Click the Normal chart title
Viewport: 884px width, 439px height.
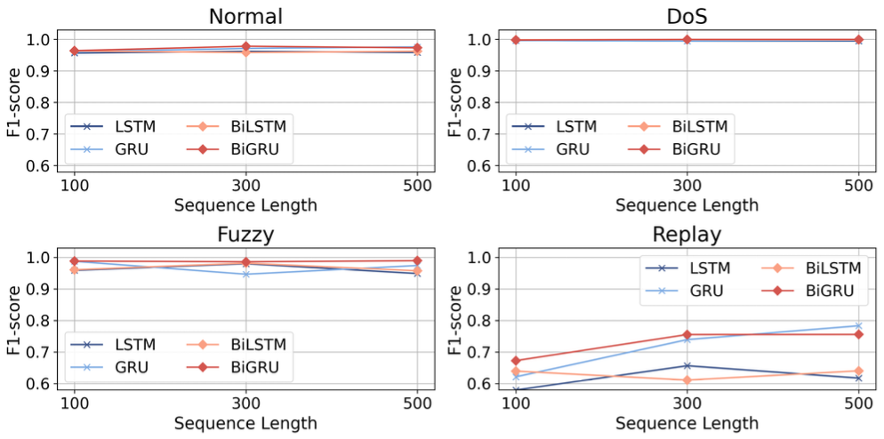click(x=245, y=17)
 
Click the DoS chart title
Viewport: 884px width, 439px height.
click(x=687, y=17)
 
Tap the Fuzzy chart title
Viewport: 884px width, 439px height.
click(x=245, y=235)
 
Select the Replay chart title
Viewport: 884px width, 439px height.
click(x=687, y=235)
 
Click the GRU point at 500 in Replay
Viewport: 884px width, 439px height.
click(x=858, y=325)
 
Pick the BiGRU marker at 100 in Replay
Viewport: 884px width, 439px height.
click(x=517, y=361)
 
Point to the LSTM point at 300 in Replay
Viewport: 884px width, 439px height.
click(x=687, y=365)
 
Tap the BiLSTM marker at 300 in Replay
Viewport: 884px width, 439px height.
click(x=687, y=380)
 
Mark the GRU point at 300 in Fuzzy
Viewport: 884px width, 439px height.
click(x=245, y=274)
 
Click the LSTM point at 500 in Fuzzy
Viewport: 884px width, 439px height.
click(x=416, y=273)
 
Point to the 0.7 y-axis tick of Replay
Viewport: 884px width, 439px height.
click(x=481, y=352)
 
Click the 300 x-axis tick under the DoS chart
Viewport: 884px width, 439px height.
click(x=687, y=186)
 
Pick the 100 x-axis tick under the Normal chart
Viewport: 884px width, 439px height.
click(x=75, y=186)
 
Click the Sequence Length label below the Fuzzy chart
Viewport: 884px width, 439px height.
click(x=245, y=423)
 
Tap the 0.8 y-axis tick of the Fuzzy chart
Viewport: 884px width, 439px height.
click(x=39, y=320)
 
